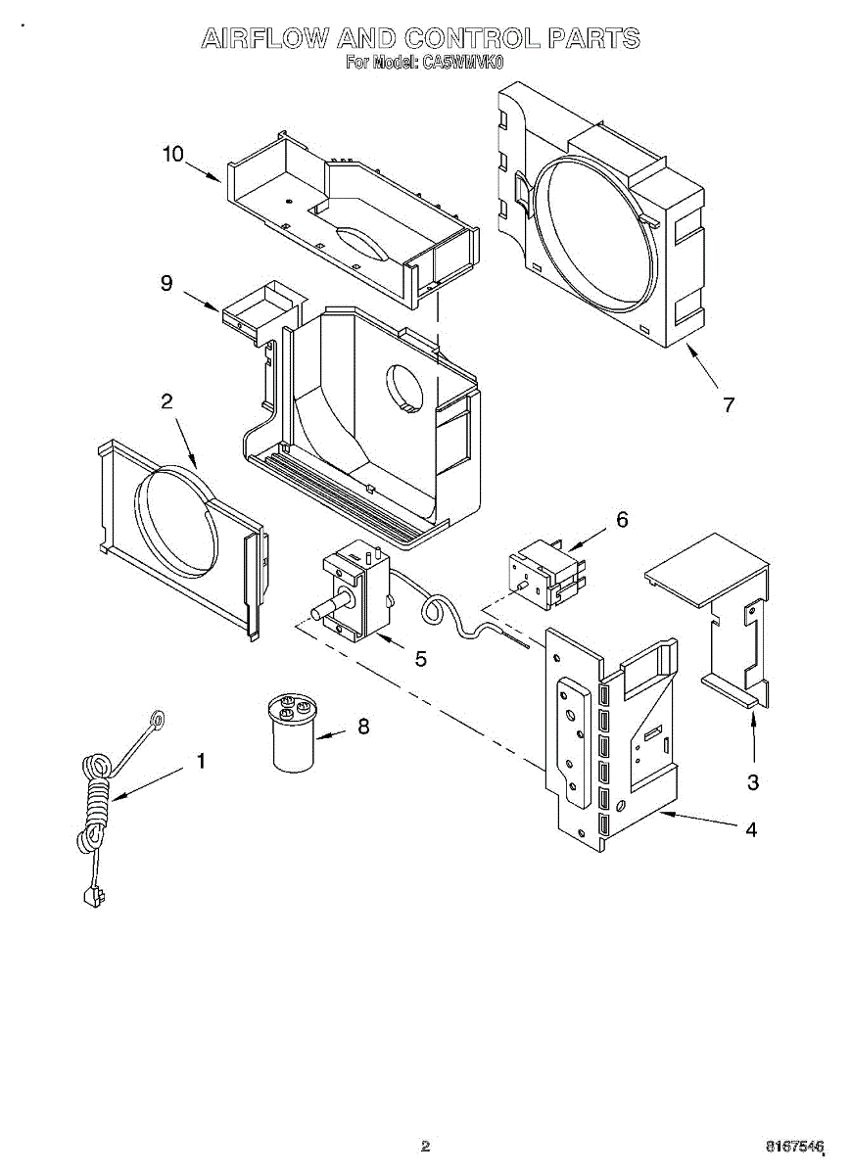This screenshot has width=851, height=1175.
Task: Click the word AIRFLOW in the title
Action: click(263, 38)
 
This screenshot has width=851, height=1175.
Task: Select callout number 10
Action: click(172, 154)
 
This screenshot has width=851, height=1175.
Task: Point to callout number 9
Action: click(166, 283)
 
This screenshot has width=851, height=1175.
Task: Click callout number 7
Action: click(728, 404)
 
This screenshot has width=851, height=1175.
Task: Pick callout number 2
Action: click(166, 400)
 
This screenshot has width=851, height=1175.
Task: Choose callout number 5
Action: click(420, 659)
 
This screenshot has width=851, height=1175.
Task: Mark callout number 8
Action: click(363, 727)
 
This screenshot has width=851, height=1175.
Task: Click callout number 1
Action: click(202, 761)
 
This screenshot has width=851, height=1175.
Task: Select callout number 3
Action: click(752, 782)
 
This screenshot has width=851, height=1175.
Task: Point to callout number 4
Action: click(751, 829)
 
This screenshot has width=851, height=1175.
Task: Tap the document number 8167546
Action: click(794, 1145)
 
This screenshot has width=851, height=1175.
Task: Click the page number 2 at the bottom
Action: click(425, 1145)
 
